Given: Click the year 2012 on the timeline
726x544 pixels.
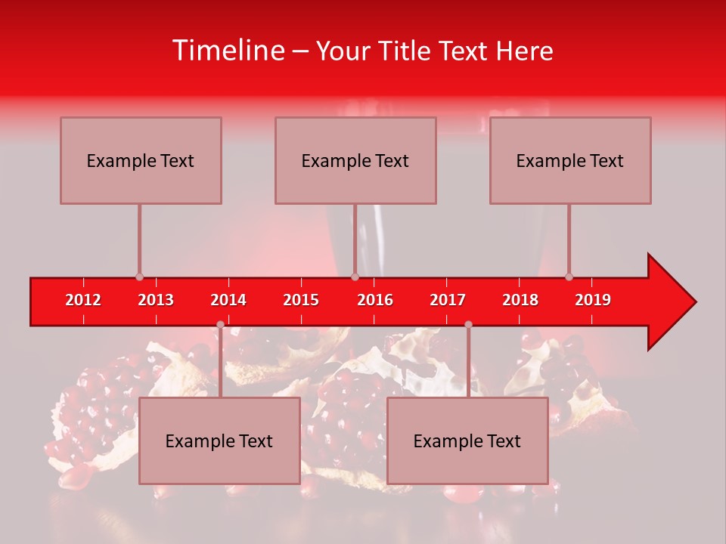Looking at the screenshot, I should [x=83, y=300].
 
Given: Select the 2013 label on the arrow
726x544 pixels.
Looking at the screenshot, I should [x=156, y=300].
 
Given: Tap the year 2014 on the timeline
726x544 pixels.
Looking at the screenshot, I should [x=228, y=300].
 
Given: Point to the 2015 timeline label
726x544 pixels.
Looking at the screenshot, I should [x=301, y=300].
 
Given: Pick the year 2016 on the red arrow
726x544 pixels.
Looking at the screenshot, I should [x=375, y=300].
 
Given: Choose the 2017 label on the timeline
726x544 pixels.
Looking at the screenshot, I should [x=448, y=300].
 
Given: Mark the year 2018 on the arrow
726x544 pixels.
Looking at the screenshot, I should [x=520, y=300].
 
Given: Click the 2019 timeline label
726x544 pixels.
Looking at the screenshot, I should [x=593, y=300].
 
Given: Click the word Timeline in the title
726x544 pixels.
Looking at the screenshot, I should [x=228, y=51].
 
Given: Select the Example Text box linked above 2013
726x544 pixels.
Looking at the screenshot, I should [x=141, y=160].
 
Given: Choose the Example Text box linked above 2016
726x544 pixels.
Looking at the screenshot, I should [x=355, y=160].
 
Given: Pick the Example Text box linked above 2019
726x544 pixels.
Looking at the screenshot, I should [x=570, y=160].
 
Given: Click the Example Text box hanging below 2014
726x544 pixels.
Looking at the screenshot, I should [x=219, y=440].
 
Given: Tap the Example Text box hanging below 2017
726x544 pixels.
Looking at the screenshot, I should [x=467, y=440].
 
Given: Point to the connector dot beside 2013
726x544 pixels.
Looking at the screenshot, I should [x=139, y=277].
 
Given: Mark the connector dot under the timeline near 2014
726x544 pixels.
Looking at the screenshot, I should [x=220, y=324].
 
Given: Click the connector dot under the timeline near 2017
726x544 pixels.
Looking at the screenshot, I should [x=468, y=324].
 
